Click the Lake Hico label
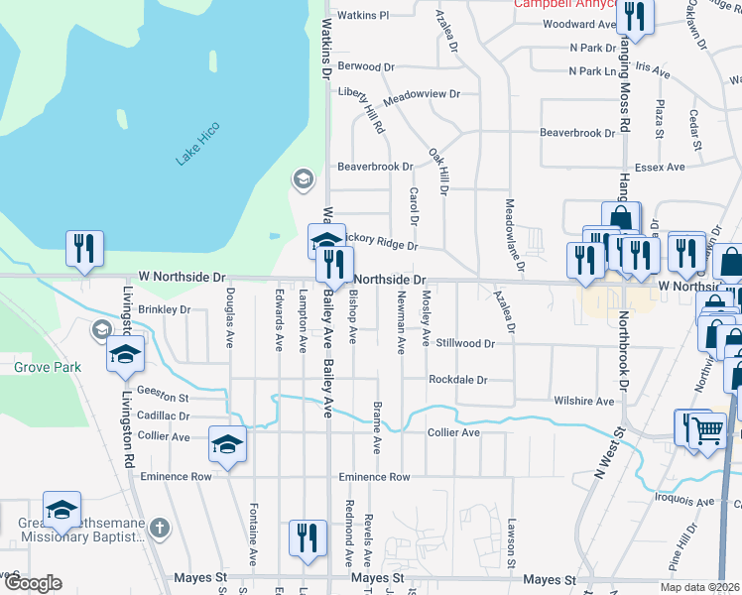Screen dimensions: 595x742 [197, 143]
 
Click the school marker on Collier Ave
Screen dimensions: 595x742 [227, 446]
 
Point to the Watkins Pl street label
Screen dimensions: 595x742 [363, 16]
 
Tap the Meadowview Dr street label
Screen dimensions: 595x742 [422, 94]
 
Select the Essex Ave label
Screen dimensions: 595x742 [661, 168]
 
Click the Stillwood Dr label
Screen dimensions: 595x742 [464, 343]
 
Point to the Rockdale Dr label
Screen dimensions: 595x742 [458, 380]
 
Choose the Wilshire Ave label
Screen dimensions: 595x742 [584, 402]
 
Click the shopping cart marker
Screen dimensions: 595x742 [707, 431]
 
